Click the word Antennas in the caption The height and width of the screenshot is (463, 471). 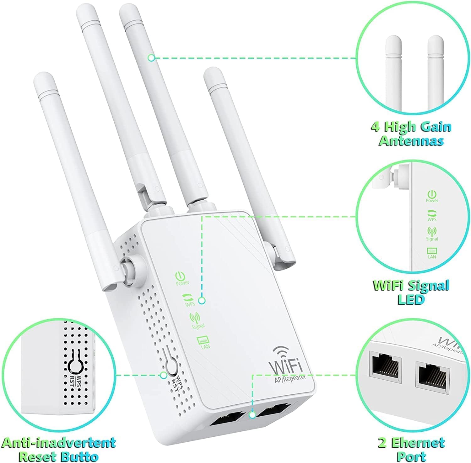tap(411, 141)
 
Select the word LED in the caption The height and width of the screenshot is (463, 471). tap(411, 300)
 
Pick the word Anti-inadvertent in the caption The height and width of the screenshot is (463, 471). tap(58, 443)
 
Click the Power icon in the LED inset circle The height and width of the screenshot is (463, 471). tap(432, 194)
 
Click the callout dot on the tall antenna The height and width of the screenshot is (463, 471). tap(151, 58)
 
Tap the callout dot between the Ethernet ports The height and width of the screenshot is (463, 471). tap(252, 416)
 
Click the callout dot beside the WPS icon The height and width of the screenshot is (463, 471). tap(202, 301)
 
